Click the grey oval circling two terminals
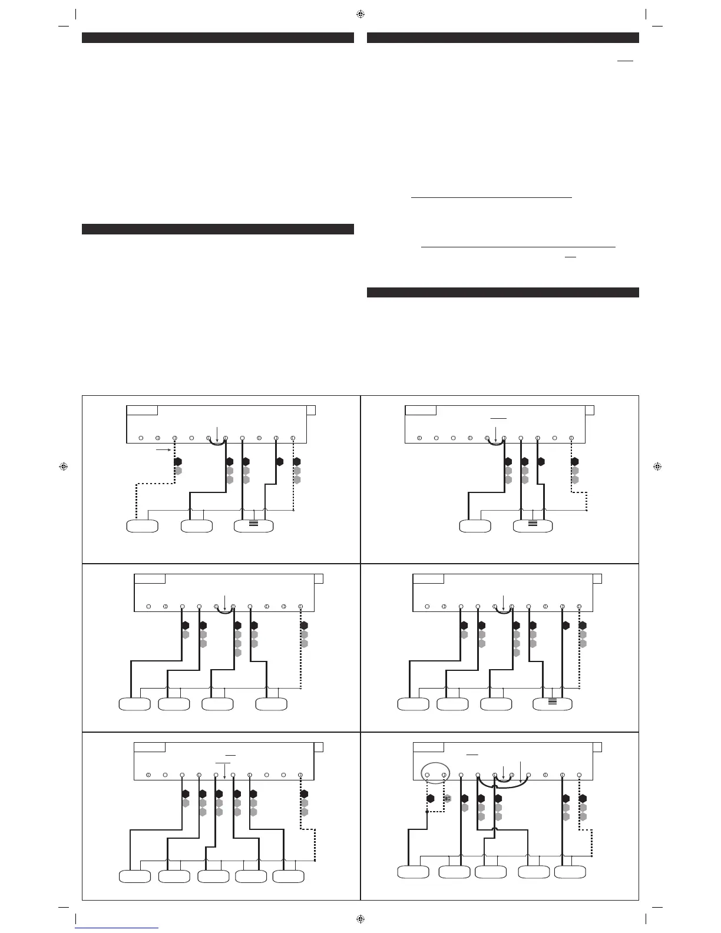435,773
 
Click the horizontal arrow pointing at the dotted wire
164,449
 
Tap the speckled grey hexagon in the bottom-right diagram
448,799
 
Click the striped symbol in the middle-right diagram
552,701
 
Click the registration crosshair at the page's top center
360,14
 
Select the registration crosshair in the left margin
64,466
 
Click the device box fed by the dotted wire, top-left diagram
143,526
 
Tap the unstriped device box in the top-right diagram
475,526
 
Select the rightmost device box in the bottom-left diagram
289,876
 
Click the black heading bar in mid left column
217,229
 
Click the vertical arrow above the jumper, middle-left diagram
226,603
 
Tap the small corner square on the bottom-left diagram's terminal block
319,747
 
